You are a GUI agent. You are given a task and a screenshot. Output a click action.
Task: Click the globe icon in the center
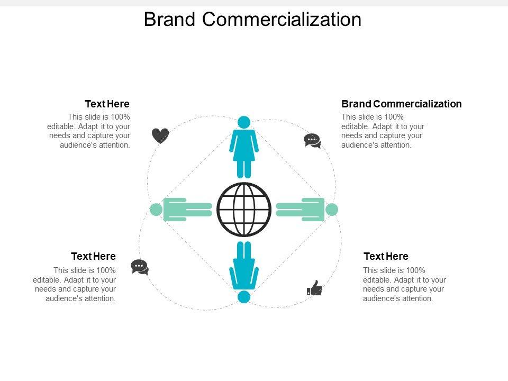(244, 210)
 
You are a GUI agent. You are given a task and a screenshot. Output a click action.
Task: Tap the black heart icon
(160, 136)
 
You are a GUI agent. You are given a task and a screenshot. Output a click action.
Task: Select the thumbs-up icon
(315, 288)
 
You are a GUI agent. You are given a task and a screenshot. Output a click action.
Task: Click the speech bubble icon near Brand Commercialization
(312, 141)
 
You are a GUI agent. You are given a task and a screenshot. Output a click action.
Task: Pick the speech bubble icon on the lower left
(139, 267)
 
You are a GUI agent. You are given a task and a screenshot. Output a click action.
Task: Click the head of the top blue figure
(244, 122)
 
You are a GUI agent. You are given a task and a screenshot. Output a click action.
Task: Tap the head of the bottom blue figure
(244, 297)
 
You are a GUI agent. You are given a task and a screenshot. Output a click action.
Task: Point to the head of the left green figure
(156, 210)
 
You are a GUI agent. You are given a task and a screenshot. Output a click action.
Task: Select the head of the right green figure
(332, 210)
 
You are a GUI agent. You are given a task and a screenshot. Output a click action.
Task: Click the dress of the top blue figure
(244, 146)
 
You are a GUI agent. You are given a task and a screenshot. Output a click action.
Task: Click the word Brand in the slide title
(170, 20)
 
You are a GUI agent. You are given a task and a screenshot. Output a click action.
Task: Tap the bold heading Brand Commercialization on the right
(401, 104)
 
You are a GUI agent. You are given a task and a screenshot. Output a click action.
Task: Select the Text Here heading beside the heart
(107, 104)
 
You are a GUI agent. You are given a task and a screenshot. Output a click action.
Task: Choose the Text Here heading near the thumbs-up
(386, 257)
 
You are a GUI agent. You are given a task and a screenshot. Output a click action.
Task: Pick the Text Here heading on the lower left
(93, 257)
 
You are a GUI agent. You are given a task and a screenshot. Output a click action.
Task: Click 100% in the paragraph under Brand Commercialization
(393, 117)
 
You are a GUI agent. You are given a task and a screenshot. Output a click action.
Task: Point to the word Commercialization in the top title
(282, 20)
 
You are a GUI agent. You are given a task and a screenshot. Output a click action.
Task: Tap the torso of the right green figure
(313, 210)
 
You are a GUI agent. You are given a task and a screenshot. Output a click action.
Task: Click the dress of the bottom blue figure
(244, 274)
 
